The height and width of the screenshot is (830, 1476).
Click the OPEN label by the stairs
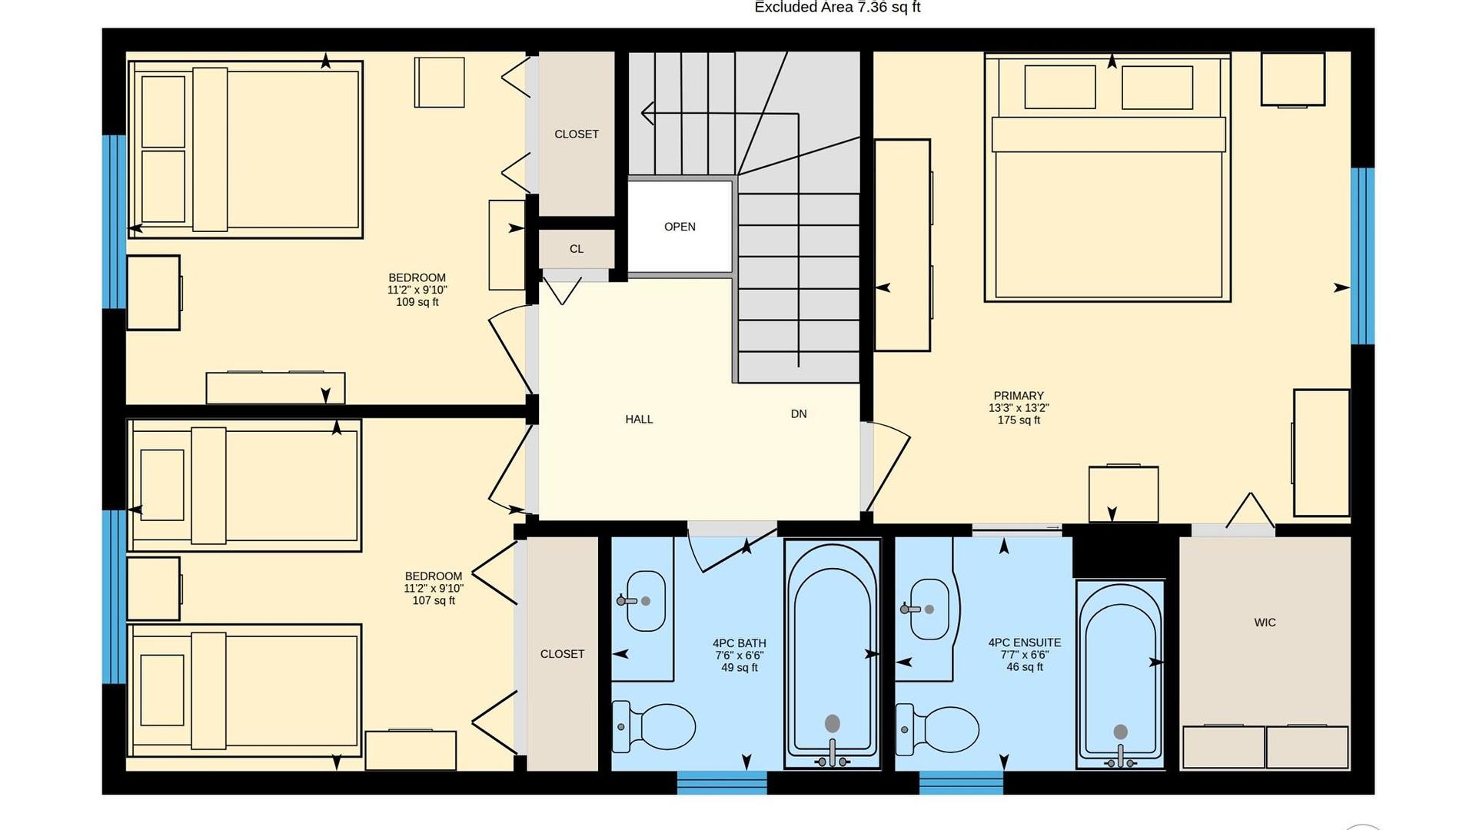pos(680,227)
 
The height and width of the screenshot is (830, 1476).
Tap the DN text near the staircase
pos(799,414)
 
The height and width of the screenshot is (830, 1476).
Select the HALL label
pos(639,420)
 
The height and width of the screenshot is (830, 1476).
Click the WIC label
pos(1265,622)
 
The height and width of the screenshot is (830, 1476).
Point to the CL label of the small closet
pos(577,249)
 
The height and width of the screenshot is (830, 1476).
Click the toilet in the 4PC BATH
pos(653,726)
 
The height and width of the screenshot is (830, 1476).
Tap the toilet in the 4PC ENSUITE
pos(937,729)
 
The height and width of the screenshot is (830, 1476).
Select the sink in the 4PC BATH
pos(643,601)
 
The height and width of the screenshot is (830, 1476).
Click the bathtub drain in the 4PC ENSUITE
pos(1121,732)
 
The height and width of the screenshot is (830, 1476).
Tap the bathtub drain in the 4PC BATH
pos(833,723)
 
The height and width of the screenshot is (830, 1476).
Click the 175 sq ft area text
pos(1019,420)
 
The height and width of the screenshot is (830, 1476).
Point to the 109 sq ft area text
pos(417,302)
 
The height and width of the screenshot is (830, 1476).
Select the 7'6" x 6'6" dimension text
pos(740,656)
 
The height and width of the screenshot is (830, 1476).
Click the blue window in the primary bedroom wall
pos(1362,256)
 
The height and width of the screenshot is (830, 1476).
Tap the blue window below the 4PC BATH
pos(722,782)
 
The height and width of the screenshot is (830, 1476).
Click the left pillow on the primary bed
pos(1060,87)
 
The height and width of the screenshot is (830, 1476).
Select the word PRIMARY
pos(1019,396)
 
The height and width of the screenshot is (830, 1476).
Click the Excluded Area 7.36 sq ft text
pos(837,8)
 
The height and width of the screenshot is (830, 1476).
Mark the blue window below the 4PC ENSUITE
pos(961,782)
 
